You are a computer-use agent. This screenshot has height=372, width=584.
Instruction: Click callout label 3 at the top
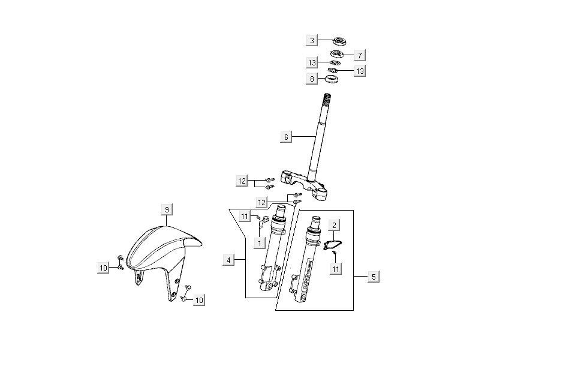point(312,41)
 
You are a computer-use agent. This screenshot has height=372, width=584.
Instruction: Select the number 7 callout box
point(360,55)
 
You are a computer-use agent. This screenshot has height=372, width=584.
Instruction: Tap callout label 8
point(312,79)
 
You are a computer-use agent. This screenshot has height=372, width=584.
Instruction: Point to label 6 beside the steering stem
point(286,137)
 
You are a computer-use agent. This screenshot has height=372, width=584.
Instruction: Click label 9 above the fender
point(167,209)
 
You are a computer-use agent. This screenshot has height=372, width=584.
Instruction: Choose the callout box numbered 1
point(259,242)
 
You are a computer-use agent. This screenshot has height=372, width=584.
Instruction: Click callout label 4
point(228,260)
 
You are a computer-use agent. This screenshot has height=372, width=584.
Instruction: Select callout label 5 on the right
point(374,277)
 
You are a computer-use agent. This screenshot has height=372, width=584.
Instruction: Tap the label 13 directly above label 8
point(312,63)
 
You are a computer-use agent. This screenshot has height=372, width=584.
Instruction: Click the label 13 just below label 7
point(360,71)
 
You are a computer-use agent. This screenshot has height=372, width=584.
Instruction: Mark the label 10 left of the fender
point(104,268)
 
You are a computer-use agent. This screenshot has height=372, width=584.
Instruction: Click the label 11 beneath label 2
point(336,269)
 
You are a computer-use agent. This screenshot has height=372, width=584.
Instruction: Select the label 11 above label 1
point(245,216)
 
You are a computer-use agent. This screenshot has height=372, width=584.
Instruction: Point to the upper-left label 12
point(242,181)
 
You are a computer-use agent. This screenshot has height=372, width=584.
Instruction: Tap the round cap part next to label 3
point(341,41)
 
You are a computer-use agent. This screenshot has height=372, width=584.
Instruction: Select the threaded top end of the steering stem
point(328,98)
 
